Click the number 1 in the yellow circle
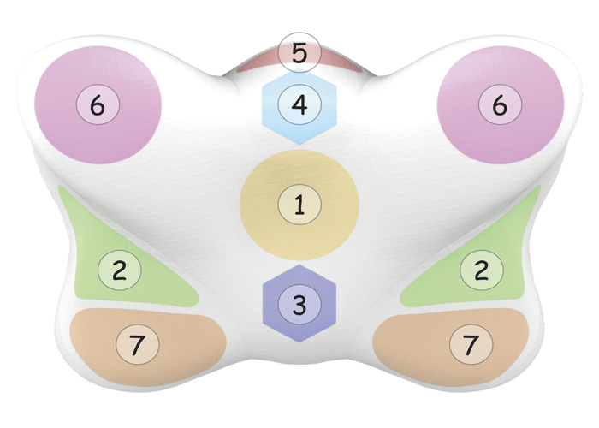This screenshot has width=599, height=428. tap(299, 204)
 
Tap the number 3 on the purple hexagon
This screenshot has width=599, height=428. tap(299, 305)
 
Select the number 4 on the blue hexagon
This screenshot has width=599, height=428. tap(299, 104)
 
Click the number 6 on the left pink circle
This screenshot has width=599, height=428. tap(98, 104)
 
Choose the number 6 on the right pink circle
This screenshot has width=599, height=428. tap(500, 104)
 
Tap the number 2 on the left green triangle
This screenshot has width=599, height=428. tap(120, 270)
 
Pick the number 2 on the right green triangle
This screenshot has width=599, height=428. tap(482, 270)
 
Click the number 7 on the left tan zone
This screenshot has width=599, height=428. tap(138, 343)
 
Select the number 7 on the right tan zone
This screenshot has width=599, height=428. tap(471, 343)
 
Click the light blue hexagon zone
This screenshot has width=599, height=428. tap(299, 107)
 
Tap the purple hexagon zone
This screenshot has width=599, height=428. tap(299, 303)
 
